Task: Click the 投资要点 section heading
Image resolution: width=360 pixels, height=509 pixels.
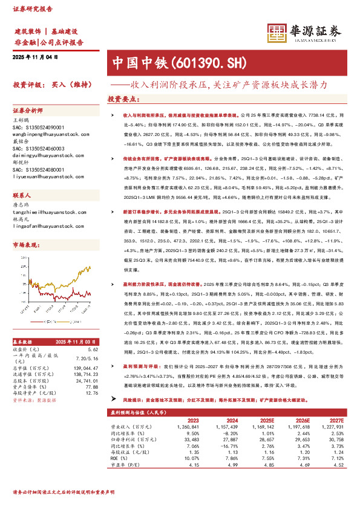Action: point(124,98)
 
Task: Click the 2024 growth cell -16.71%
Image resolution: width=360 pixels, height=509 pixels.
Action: point(226,446)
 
